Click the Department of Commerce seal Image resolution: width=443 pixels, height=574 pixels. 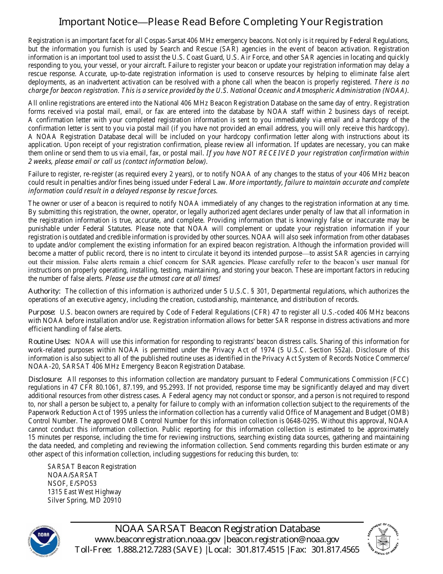(x=383, y=538)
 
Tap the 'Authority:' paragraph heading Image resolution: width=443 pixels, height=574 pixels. (x=44, y=291)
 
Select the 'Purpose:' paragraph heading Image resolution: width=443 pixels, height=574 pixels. (x=42, y=312)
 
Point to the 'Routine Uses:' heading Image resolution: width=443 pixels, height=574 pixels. (x=49, y=342)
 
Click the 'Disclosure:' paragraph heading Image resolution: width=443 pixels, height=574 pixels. (x=45, y=379)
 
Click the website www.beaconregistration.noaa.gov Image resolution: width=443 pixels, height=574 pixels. (x=158, y=539)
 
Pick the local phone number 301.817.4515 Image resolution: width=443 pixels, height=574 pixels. (x=260, y=550)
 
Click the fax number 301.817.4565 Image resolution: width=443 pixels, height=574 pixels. (x=335, y=550)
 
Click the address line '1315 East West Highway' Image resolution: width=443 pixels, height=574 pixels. (x=84, y=492)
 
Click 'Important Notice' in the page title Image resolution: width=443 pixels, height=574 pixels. (x=97, y=22)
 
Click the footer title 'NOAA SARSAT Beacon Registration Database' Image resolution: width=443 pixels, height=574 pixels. (x=217, y=529)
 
